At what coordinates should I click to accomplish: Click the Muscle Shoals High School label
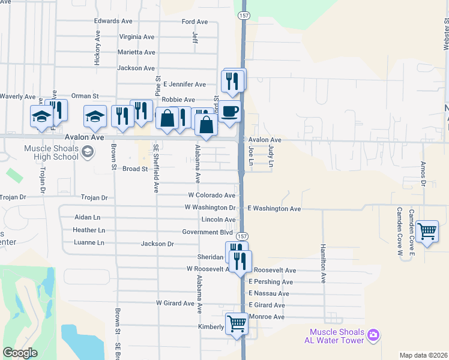[x=51, y=152]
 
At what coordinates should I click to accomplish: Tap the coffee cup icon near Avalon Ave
[x=229, y=112]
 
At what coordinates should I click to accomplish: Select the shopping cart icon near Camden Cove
[x=427, y=231]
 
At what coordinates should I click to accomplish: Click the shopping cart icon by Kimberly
[x=237, y=324]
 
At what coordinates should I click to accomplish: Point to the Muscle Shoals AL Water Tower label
[x=337, y=336]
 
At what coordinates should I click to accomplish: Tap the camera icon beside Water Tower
[x=373, y=334]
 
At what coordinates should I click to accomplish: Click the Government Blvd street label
[x=208, y=232]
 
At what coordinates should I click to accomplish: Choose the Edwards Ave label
[x=113, y=20]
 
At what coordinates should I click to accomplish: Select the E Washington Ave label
[x=274, y=208]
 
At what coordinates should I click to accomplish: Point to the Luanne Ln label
[x=89, y=242]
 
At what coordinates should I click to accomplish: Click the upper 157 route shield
[x=243, y=14]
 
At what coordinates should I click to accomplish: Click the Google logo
[x=20, y=353]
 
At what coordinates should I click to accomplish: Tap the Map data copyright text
[x=423, y=355]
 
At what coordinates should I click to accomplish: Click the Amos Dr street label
[x=423, y=173]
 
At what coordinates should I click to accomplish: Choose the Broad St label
[x=135, y=169]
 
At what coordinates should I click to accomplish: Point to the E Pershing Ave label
[x=271, y=282]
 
